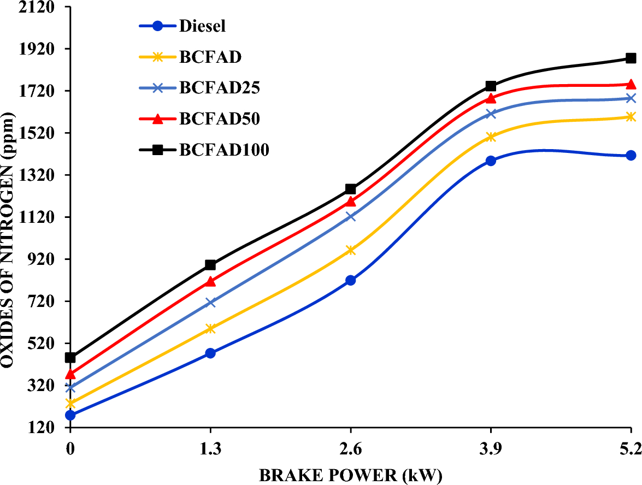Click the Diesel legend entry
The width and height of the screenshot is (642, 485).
click(x=202, y=26)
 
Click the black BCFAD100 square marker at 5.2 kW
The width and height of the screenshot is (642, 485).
click(x=631, y=58)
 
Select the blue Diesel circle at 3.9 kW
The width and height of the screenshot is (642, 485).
click(x=491, y=161)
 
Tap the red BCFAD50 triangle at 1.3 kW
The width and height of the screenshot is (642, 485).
click(x=210, y=281)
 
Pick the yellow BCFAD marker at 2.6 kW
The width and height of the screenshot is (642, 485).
click(x=350, y=250)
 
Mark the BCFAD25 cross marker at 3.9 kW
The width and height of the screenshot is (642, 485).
click(x=491, y=114)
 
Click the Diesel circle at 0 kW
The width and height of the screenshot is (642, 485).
click(x=70, y=415)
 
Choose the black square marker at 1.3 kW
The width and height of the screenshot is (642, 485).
click(x=210, y=265)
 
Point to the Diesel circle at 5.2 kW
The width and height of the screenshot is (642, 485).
click(x=631, y=156)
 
